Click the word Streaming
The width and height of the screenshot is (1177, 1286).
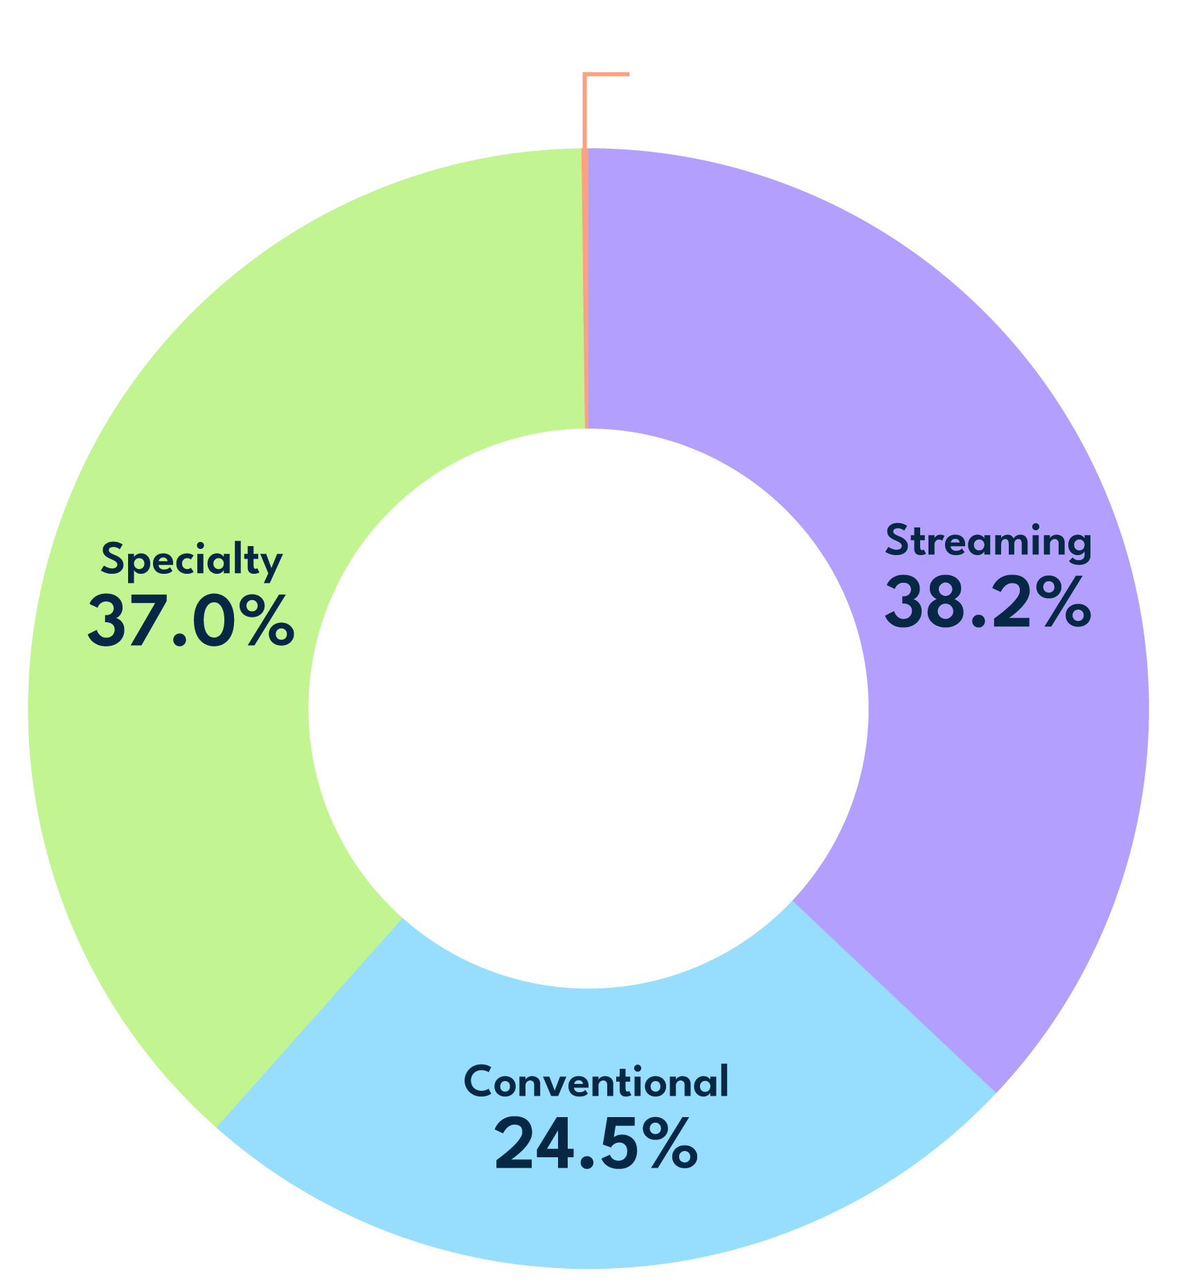click(x=988, y=541)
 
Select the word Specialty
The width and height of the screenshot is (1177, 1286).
click(x=191, y=561)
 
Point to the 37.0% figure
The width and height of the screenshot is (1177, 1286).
click(x=191, y=622)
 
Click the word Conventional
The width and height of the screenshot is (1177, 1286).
click(x=596, y=1082)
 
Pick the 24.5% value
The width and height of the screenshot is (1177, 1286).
click(x=596, y=1144)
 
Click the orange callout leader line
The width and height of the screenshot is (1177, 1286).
click(x=585, y=111)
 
